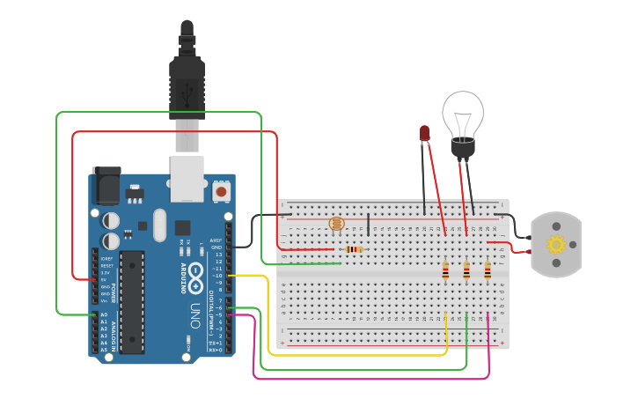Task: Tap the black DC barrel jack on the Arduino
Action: [x=105, y=186]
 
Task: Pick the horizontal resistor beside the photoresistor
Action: [x=354, y=249]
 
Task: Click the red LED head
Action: [x=424, y=133]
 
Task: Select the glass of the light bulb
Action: [x=464, y=112]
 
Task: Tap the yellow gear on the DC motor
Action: [x=556, y=245]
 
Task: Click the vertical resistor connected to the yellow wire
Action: [x=445, y=273]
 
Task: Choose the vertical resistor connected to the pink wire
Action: [x=488, y=273]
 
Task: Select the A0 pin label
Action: [x=103, y=314]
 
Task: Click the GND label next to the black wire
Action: [x=217, y=248]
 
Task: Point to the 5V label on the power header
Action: [x=105, y=279]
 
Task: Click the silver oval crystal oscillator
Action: [x=159, y=224]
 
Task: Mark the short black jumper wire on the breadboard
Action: [x=368, y=225]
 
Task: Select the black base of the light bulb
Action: [x=464, y=147]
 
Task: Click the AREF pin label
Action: [x=216, y=240]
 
